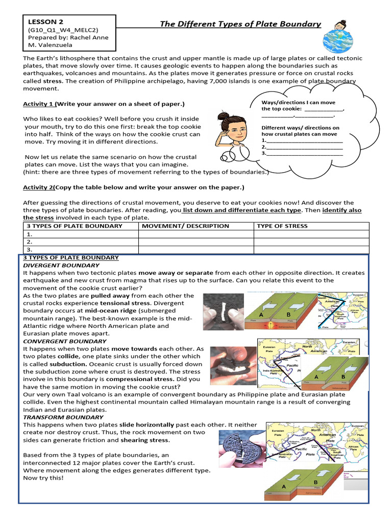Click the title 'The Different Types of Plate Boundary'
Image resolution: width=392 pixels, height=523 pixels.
click(x=240, y=24)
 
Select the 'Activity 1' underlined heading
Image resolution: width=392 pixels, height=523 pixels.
click(x=39, y=104)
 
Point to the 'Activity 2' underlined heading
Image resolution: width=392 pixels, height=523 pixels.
click(x=39, y=187)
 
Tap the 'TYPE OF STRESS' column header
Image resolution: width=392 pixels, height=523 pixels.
click(x=282, y=226)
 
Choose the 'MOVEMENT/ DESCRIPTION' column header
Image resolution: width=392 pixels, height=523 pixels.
click(x=185, y=226)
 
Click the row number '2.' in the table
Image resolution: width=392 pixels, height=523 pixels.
click(x=30, y=242)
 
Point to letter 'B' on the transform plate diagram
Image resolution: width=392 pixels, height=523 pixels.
click(x=315, y=482)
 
